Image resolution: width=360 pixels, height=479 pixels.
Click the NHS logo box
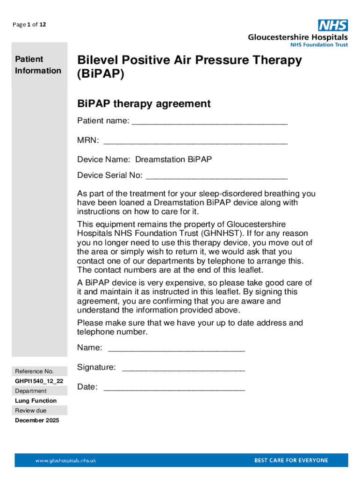pos(333,25)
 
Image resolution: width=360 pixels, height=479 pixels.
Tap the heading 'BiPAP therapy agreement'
pos(144,103)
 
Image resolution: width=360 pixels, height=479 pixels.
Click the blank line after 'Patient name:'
pos(209,122)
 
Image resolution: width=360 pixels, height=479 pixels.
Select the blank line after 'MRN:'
pos(195,141)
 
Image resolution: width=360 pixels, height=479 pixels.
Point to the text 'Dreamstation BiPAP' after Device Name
pos(173,160)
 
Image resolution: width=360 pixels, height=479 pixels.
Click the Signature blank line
pos(183,368)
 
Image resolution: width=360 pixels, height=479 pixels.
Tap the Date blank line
pos(174,388)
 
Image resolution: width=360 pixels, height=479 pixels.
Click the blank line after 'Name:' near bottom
pos(176,348)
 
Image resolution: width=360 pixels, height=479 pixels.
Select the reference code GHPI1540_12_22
pos(39,381)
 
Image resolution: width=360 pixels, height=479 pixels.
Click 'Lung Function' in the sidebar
pos(36,400)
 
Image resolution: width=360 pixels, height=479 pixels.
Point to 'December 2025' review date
pos(37,420)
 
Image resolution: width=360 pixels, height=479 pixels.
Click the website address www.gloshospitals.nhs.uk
pos(66,461)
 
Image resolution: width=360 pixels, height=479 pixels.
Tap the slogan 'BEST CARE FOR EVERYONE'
pos(291,460)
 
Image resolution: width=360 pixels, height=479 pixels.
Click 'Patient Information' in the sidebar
pos(38,65)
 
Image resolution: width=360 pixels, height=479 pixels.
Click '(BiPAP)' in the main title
pos(101,75)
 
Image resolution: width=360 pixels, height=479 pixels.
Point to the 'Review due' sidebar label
pos(31,410)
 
